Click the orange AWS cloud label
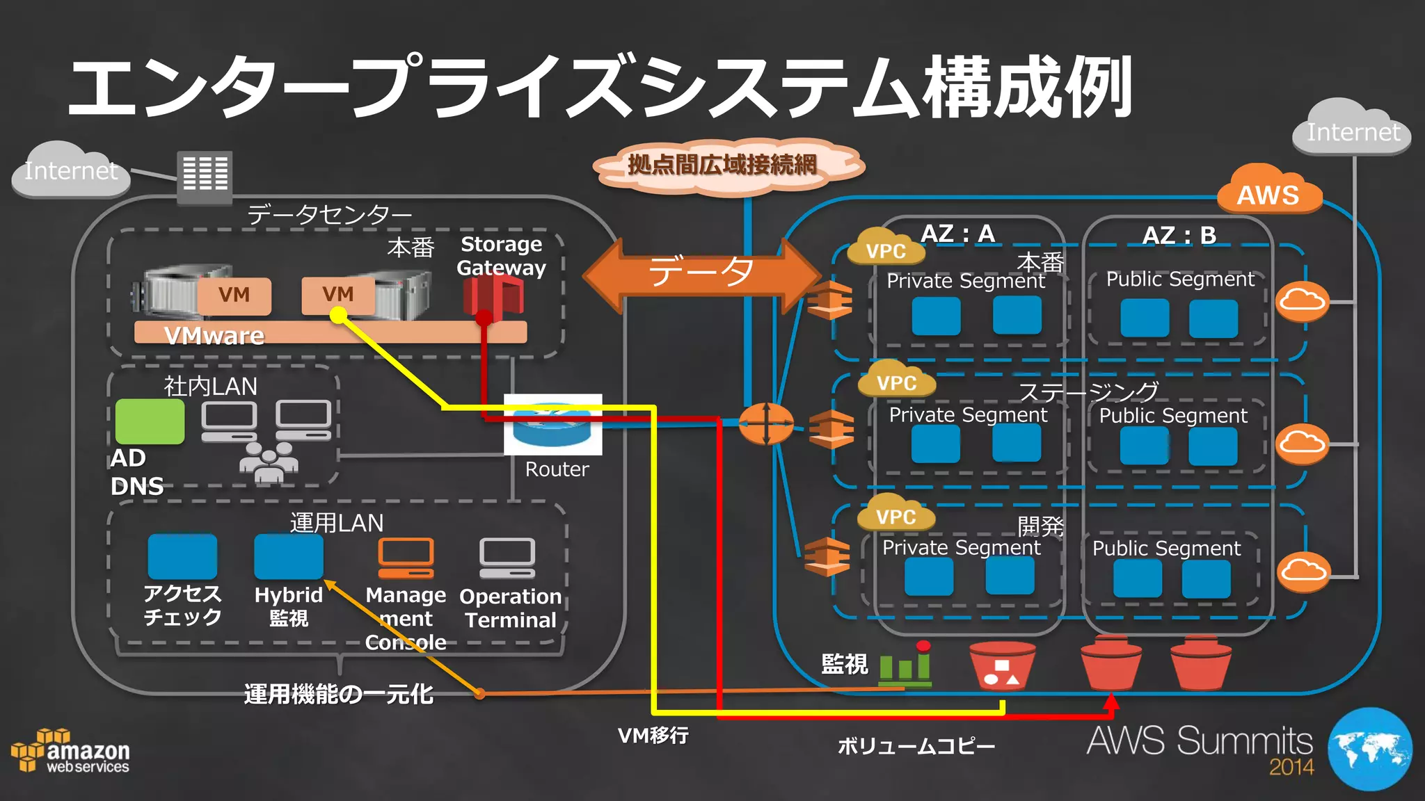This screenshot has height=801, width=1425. pyautogui.click(x=1268, y=193)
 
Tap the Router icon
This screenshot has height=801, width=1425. pyautogui.click(x=553, y=425)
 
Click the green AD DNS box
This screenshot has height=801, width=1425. pyautogui.click(x=150, y=421)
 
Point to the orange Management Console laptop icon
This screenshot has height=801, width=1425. pyautogui.click(x=406, y=558)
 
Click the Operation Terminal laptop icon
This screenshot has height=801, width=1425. pyautogui.click(x=507, y=558)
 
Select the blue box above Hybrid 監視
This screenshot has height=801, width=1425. pyautogui.click(x=289, y=556)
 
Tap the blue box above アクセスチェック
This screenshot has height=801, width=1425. pyautogui.click(x=182, y=556)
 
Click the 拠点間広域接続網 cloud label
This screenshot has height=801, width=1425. pyautogui.click(x=724, y=165)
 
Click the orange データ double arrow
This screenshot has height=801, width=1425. pyautogui.click(x=701, y=273)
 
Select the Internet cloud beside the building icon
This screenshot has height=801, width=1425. pyautogui.click(x=70, y=170)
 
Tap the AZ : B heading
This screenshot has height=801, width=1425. pyautogui.click(x=1179, y=235)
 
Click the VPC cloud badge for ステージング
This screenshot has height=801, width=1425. pyautogui.click(x=896, y=381)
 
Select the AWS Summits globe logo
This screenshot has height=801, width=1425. pyautogui.click(x=1369, y=750)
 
